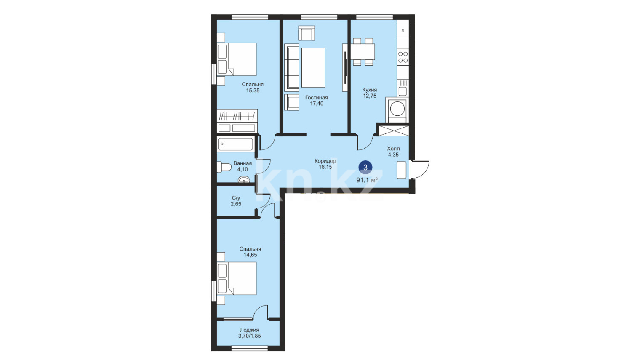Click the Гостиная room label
click(x=316, y=97)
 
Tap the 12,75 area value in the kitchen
click(x=370, y=96)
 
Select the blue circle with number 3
click(x=365, y=167)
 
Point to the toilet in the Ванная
click(x=224, y=167)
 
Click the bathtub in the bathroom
click(x=235, y=144)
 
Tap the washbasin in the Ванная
click(x=244, y=179)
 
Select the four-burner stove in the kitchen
click(x=403, y=57)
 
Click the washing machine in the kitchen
click(x=397, y=109)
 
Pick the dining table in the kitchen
click(x=363, y=51)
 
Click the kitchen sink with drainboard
click(x=403, y=88)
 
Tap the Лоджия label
click(x=249, y=330)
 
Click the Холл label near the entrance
click(x=393, y=149)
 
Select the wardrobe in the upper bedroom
click(x=237, y=121)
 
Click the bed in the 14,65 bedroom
click(x=237, y=279)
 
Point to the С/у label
click(x=236, y=198)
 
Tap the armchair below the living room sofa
click(x=292, y=102)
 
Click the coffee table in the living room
click(x=313, y=68)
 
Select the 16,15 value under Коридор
click(x=325, y=167)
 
